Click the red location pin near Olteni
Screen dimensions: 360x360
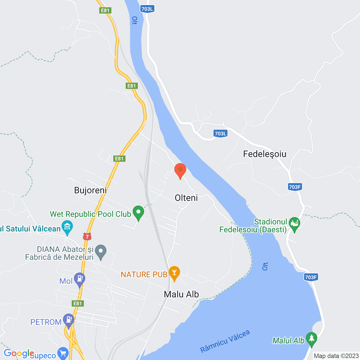click(x=180, y=170)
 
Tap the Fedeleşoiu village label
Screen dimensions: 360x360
click(x=265, y=154)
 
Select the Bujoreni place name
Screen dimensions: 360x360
click(x=91, y=190)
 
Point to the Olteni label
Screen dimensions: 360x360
click(x=186, y=198)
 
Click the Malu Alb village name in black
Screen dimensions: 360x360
click(x=181, y=294)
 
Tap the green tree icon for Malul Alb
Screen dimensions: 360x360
click(x=311, y=339)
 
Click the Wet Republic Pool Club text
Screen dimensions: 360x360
click(x=90, y=214)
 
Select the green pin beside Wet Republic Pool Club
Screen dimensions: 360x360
click(x=138, y=213)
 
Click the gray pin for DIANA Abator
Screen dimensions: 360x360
click(x=101, y=251)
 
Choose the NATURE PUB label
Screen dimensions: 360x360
click(x=144, y=274)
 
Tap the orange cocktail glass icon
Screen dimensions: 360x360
click(x=174, y=273)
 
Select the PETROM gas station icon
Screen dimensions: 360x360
click(x=68, y=320)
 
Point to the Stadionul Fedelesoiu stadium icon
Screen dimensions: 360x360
click(x=294, y=224)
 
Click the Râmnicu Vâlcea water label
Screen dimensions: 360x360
click(x=225, y=341)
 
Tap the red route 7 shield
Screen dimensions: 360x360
click(x=87, y=237)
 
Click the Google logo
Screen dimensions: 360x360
click(x=19, y=353)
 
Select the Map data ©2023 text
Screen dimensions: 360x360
click(x=336, y=356)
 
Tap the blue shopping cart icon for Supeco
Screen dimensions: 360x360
click(x=63, y=353)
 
